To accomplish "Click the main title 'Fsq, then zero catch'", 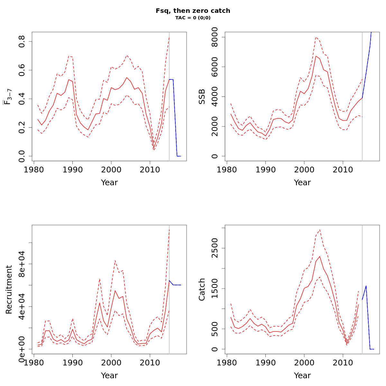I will [193, 11].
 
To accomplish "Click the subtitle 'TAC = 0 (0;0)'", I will [193, 18].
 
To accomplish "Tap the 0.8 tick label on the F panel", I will [22, 41].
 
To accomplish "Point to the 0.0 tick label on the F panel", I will [22, 156].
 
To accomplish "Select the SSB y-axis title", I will [202, 96].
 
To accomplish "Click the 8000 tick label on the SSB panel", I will [215, 37].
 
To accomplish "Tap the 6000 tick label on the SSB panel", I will [215, 67].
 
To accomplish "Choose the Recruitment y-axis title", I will [9, 289].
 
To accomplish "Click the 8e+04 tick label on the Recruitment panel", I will [22, 264].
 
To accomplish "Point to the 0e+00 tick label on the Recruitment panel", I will [22, 349].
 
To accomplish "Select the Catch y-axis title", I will [202, 289].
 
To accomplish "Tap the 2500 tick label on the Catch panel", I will [215, 248].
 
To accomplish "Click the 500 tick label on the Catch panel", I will [215, 329].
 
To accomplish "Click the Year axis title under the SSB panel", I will [302, 183].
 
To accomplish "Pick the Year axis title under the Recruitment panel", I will [109, 376].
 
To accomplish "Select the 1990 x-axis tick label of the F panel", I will [72, 170].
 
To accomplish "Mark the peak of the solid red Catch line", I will [320, 256].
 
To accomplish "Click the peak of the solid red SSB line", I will [316, 56].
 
